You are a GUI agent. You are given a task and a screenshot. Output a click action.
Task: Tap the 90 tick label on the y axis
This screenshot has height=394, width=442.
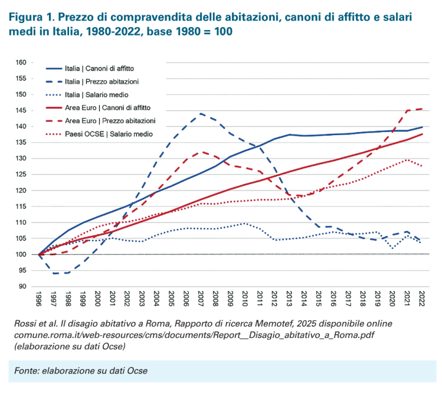22,287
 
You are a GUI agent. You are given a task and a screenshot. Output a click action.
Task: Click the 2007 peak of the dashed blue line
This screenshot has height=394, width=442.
201,114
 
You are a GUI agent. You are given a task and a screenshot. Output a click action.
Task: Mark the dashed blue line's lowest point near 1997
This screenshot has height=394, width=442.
54,274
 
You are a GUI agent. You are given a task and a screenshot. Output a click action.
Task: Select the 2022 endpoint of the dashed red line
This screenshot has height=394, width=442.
421,109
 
